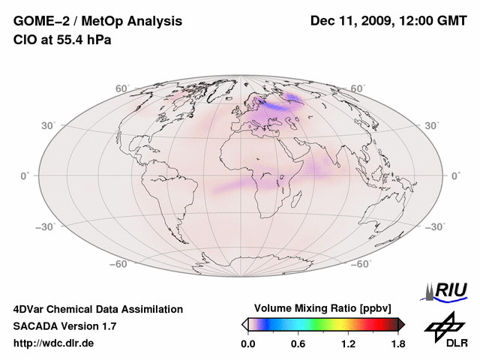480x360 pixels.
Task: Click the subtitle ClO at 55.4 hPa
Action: pos(62,40)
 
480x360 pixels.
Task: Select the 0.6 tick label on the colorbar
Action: pos(298,343)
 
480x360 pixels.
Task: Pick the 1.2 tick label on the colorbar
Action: pos(347,343)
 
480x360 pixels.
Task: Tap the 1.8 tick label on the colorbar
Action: pos(397,343)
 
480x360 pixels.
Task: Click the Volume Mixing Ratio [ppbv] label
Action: pos(323,308)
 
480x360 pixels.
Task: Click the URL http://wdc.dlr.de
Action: pos(54,343)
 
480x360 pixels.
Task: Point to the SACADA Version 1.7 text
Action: pos(64,326)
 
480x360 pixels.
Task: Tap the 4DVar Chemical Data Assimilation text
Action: pos(98,309)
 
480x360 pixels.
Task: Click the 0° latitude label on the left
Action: pos(25,175)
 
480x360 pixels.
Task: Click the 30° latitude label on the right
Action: pos(432,124)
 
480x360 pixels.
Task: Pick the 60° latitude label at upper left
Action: pos(121,89)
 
